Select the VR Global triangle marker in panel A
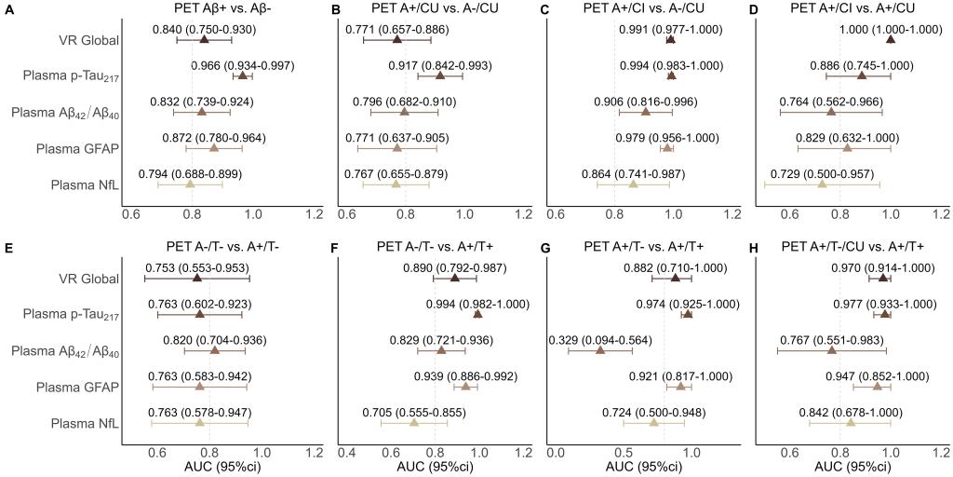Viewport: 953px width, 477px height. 204,39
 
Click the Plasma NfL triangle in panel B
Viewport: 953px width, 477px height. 396,184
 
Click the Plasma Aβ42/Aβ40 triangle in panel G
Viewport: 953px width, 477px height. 600,350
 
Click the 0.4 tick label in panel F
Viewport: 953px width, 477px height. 349,453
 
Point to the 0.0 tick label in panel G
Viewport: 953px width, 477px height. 557,453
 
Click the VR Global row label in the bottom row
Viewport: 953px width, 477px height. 87,278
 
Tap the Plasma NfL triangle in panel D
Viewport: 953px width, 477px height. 822,184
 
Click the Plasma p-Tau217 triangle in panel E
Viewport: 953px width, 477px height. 199,314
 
